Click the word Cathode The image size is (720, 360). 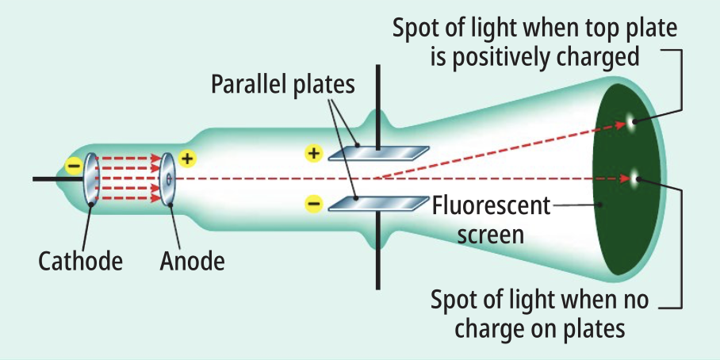tap(80, 261)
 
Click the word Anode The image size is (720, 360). tap(193, 261)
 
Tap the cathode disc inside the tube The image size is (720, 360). tap(90, 178)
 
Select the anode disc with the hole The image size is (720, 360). tap(167, 178)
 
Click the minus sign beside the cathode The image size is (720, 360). tap(74, 165)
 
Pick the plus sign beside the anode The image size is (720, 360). tap(187, 159)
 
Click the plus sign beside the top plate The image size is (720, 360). tap(314, 153)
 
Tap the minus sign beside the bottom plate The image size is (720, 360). tap(314, 202)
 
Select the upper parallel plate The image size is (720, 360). tap(379, 153)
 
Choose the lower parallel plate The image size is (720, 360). tap(379, 204)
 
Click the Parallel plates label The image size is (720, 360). tap(283, 85)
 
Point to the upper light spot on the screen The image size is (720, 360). tap(634, 121)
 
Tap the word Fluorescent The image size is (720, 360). tap(491, 207)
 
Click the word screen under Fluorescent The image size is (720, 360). tap(492, 234)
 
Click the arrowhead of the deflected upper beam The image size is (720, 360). tap(622, 125)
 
